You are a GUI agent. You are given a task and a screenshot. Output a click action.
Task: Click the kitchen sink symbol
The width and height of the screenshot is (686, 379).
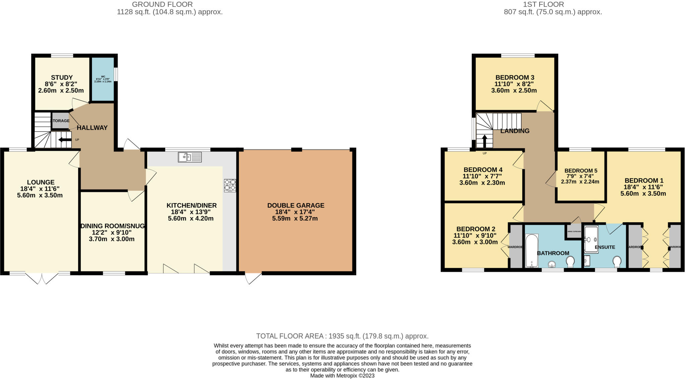(x=190, y=157)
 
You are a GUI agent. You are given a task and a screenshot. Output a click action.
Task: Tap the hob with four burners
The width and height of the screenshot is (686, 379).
(x=230, y=185)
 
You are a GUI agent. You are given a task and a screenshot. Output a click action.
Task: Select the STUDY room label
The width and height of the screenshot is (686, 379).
(x=62, y=77)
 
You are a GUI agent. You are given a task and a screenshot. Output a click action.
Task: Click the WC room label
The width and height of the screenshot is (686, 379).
(x=103, y=76)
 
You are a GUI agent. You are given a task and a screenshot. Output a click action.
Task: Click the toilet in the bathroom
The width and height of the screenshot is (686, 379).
(x=570, y=261)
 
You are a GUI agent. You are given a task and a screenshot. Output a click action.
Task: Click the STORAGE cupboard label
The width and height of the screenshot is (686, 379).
(x=60, y=121)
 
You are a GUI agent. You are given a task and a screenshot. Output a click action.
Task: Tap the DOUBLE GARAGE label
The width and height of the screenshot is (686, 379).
(x=295, y=205)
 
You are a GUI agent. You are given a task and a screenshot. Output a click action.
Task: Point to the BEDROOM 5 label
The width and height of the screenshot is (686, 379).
(x=580, y=171)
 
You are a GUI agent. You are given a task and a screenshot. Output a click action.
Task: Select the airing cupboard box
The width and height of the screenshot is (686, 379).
(x=574, y=231)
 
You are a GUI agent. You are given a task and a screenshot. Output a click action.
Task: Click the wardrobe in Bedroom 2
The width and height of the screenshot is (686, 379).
(x=516, y=247)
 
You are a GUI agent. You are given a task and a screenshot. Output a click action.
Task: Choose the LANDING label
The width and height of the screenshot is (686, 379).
(x=514, y=131)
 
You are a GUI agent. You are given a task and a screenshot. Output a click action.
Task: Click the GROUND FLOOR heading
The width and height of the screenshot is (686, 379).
(x=162, y=4)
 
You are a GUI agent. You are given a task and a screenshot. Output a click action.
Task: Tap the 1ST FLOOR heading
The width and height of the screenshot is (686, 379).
(x=553, y=4)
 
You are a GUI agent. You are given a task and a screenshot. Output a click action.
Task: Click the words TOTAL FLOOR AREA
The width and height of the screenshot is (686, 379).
(x=290, y=336)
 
